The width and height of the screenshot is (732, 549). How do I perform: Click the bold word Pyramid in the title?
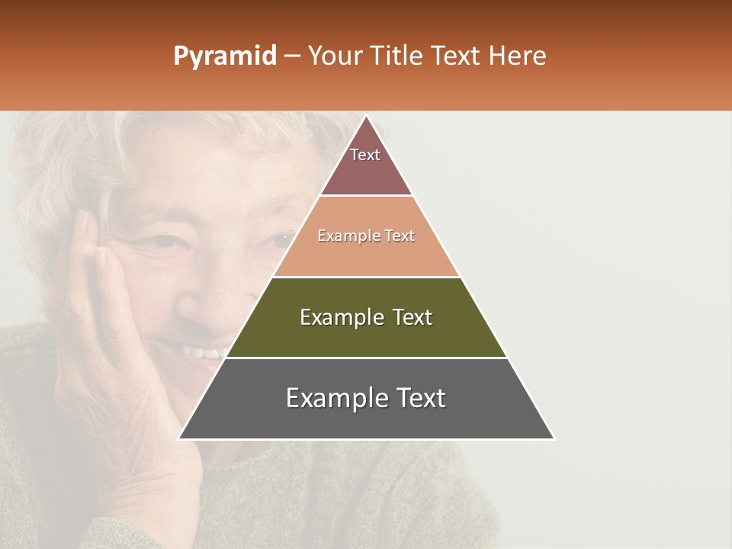click(224, 56)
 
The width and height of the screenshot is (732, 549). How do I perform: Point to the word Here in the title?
click(518, 56)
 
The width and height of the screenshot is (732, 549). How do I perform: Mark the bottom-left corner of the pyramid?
click(180, 438)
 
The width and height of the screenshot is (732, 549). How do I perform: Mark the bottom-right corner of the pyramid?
click(554, 438)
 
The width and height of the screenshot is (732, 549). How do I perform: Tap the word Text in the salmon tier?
click(400, 236)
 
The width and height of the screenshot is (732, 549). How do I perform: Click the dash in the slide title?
click(292, 56)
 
